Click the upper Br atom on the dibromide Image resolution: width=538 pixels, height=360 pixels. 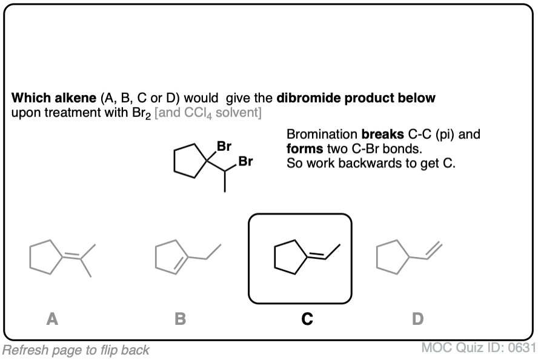tap(224, 146)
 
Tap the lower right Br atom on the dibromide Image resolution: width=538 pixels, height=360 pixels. tap(246, 162)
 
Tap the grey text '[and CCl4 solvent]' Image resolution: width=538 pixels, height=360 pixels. tap(208, 113)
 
